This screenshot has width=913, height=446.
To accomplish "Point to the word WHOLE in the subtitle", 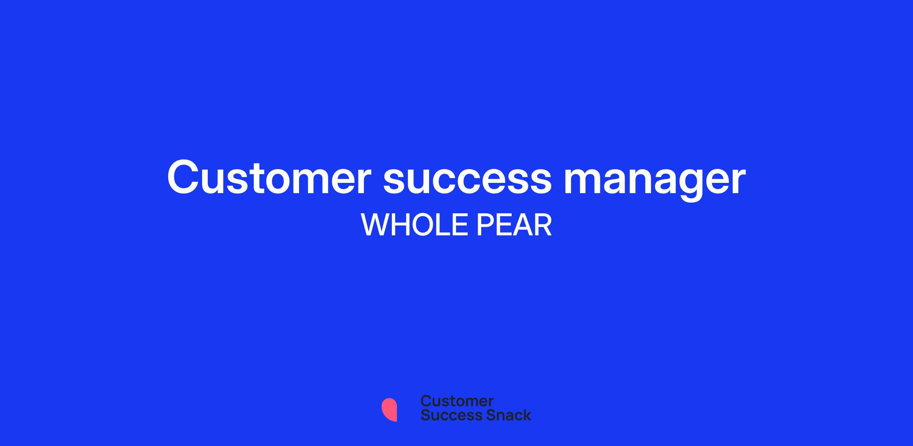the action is coord(414,225).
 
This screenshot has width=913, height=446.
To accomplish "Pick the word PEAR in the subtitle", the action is coord(514,225).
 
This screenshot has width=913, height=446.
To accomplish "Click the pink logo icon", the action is coord(390,410).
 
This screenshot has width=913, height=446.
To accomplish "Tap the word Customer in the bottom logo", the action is coord(457,401).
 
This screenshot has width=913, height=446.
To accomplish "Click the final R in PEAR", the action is coord(543,225).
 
